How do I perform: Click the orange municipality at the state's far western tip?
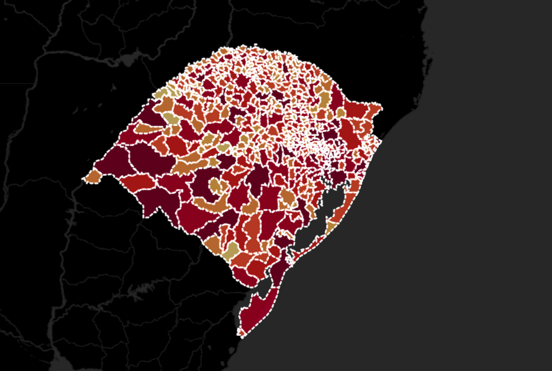point(93,176)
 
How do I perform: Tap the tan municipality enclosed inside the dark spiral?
point(216,185)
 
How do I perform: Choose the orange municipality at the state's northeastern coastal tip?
point(375,109)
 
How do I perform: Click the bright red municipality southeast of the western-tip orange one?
point(137,183)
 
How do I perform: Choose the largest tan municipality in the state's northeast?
point(323,100)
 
